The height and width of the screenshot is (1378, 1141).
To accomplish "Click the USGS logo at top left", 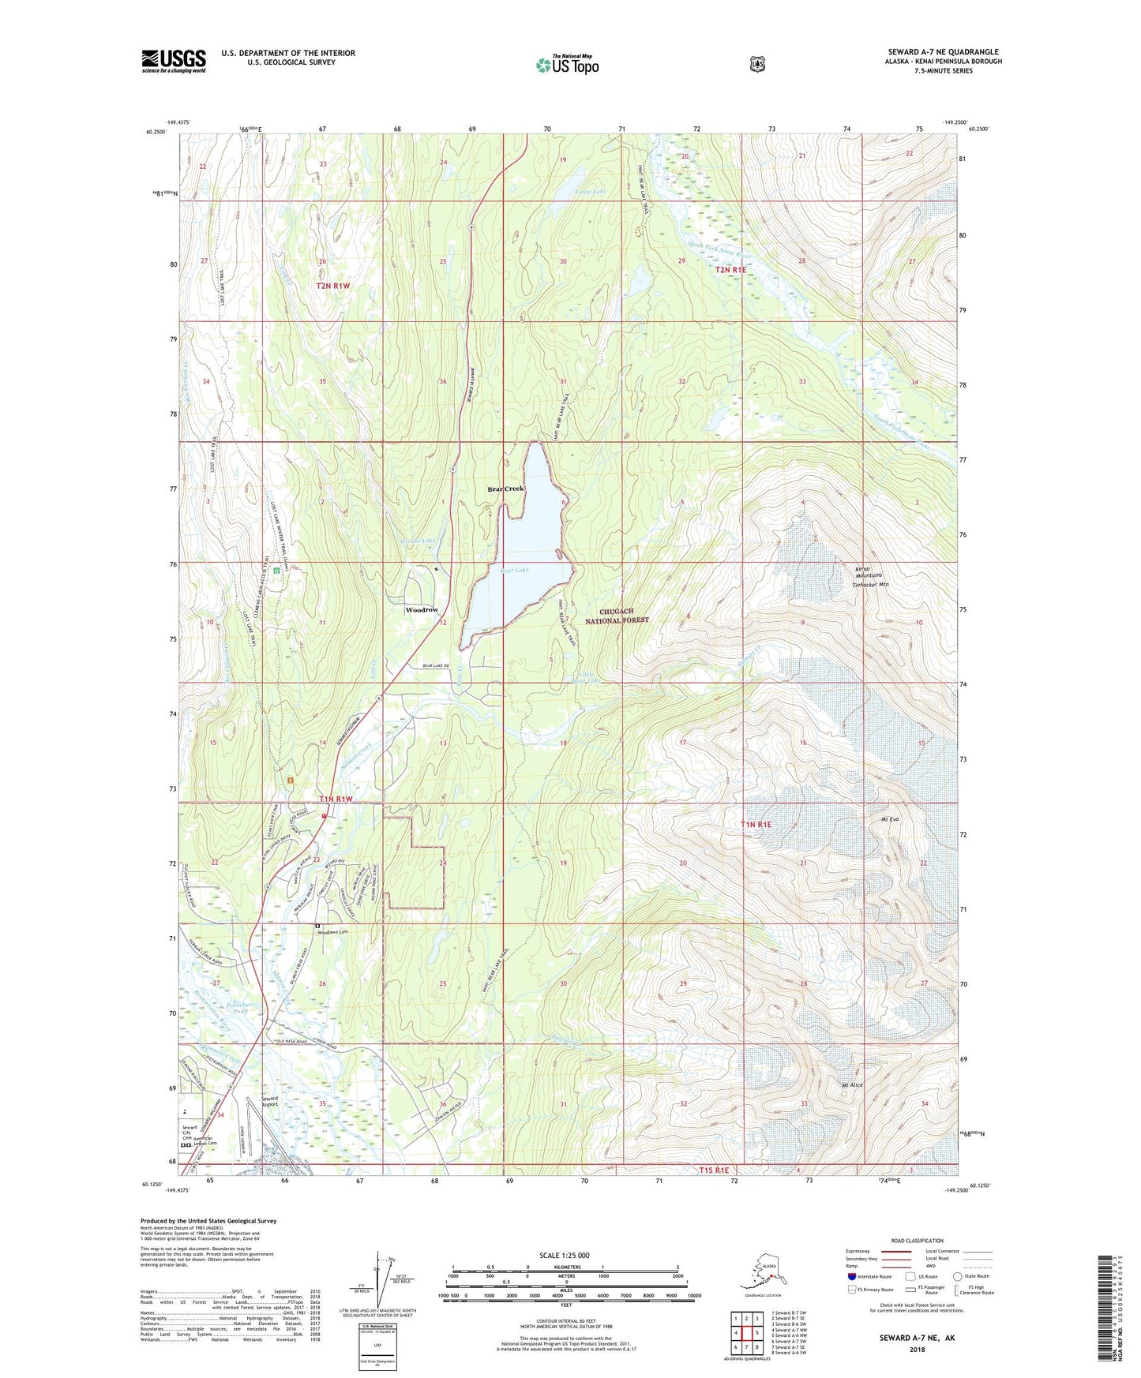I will tap(174, 61).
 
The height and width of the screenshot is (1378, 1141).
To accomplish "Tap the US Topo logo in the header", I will tap(567, 65).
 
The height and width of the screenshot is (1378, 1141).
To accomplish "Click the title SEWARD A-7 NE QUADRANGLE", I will tap(943, 52).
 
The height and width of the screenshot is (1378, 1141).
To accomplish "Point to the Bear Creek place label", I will tap(505, 489).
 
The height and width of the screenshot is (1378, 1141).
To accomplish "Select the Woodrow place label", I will tap(422, 610).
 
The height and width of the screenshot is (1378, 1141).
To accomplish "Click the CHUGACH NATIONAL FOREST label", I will tap(624, 616).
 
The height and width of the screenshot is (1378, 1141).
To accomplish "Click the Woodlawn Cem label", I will tap(332, 932).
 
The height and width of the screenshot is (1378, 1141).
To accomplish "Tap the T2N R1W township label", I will tap(332, 286).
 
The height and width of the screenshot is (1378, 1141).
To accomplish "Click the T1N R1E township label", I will tap(756, 824).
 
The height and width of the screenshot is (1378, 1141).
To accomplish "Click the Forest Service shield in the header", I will tap(757, 64).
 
